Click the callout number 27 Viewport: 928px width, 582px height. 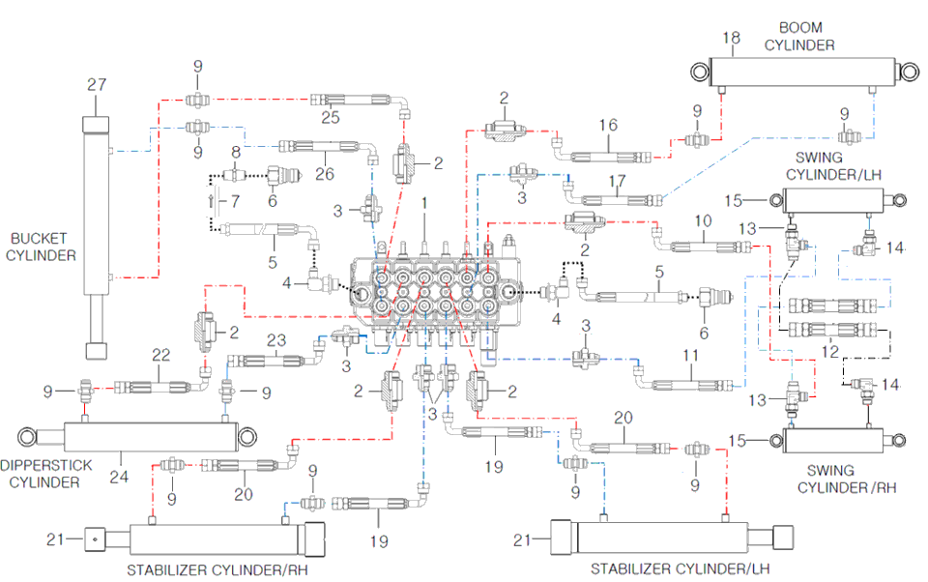click(96, 85)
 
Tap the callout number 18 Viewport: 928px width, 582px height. click(732, 38)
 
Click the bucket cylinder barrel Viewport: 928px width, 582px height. click(98, 203)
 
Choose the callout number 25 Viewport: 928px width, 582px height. click(331, 117)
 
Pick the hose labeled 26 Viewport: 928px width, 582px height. click(319, 147)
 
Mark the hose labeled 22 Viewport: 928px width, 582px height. click(159, 388)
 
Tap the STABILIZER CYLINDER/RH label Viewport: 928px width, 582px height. click(206, 567)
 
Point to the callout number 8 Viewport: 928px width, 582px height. click(235, 152)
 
